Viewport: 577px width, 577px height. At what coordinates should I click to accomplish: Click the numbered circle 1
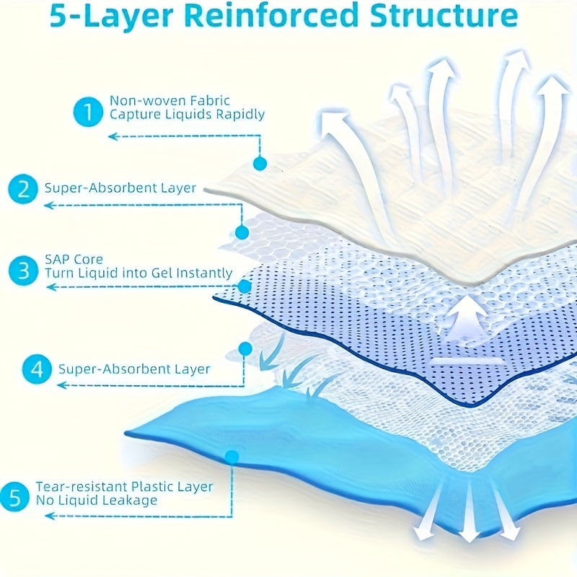point(88,113)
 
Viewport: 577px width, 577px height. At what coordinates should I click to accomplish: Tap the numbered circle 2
point(24,190)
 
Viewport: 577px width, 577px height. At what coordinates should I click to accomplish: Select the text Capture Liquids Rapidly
point(186,114)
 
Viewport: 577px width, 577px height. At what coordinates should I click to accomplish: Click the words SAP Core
point(74,259)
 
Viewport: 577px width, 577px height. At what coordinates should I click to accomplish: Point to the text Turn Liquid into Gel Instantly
point(138,273)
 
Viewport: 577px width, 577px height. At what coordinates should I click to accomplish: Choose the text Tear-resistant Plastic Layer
point(124,486)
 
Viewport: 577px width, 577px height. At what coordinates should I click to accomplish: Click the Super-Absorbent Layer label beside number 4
point(135,369)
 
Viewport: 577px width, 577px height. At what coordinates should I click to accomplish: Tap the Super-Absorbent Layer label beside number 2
point(120,188)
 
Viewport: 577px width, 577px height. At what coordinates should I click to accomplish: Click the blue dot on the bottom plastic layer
point(232,456)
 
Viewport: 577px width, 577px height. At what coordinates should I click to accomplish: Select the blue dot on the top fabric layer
point(260,164)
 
